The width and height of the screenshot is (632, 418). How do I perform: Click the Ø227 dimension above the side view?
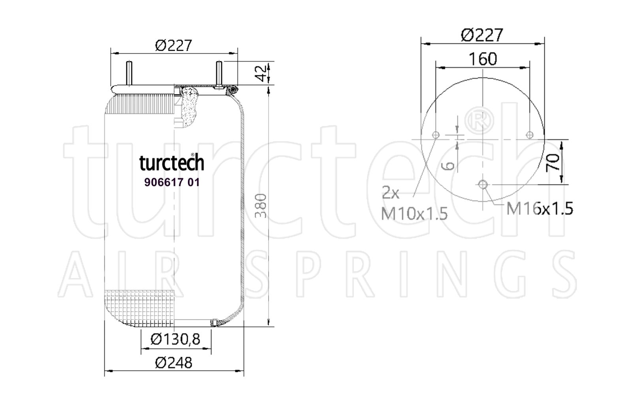coord(173,45)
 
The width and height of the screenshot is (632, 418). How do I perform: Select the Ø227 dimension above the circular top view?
coord(482,35)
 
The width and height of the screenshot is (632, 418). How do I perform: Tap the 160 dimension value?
coord(483,59)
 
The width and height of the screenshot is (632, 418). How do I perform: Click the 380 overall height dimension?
coord(260,206)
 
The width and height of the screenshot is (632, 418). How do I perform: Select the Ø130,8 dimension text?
coord(175,339)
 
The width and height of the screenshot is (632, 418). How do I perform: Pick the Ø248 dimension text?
coord(173,363)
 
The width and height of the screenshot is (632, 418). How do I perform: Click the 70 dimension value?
coord(553,162)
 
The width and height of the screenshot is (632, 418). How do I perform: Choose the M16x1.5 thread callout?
coord(540,209)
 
